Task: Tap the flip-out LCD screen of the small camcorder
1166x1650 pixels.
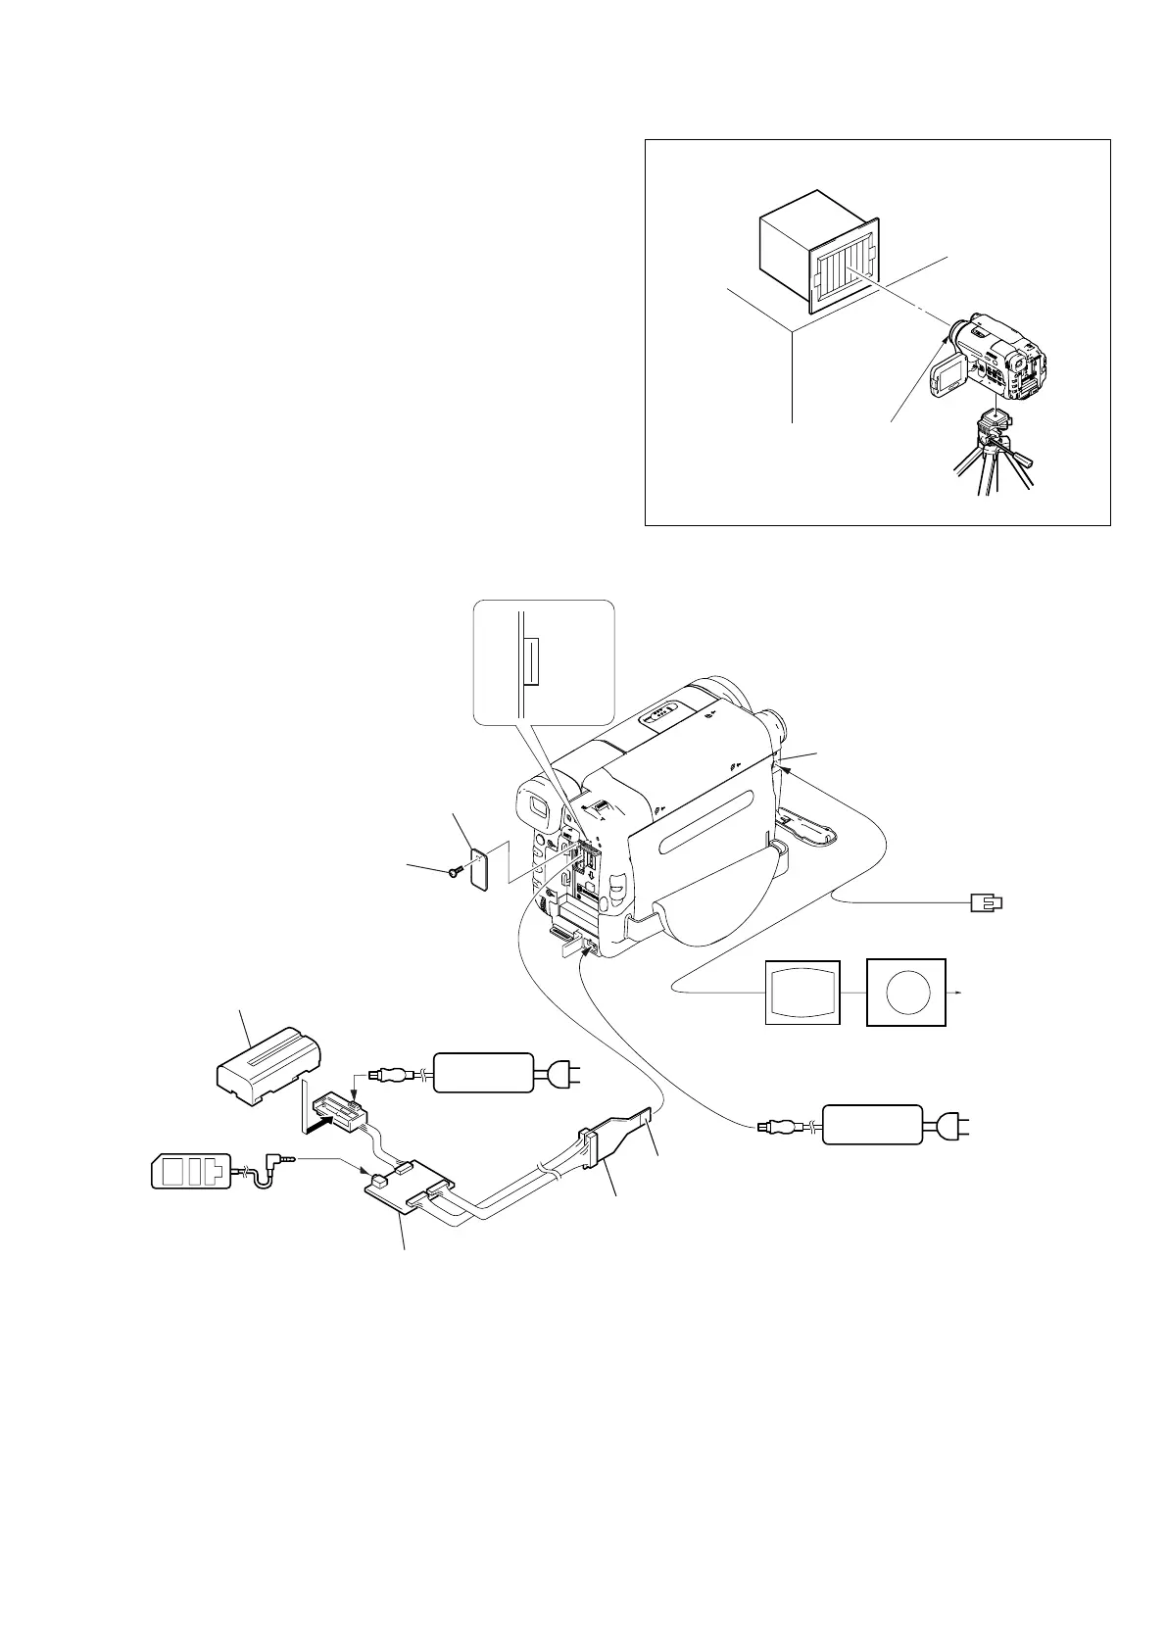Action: [948, 373]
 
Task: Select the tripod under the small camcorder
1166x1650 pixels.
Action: [992, 456]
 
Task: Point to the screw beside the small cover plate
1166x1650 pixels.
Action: [454, 869]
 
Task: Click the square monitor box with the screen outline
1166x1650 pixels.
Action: [802, 993]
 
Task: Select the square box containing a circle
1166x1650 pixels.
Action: [906, 993]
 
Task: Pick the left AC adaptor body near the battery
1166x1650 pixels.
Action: [484, 1073]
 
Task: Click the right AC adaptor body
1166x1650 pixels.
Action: [872, 1125]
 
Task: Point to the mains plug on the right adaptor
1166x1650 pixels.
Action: [952, 1125]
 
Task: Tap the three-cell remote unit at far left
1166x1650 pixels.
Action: [191, 1171]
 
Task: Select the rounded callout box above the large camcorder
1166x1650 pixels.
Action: [544, 661]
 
